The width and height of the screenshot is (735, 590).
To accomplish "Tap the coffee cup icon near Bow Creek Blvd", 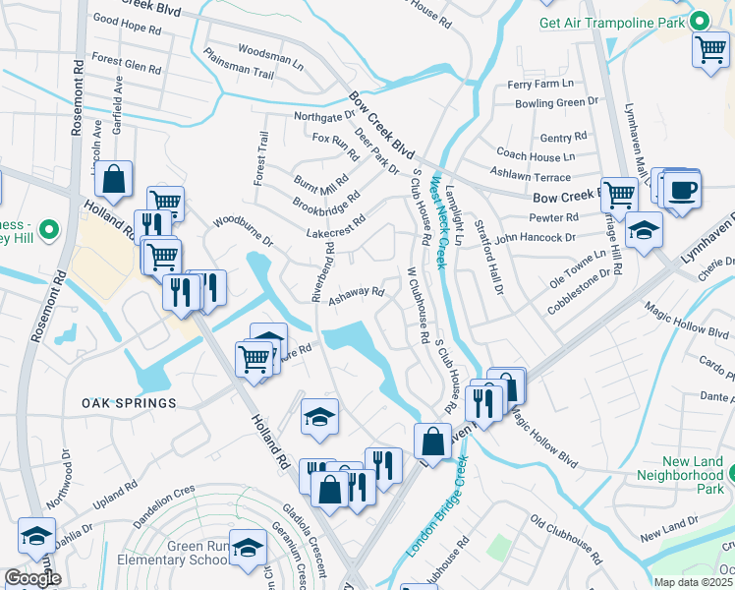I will coord(682,190).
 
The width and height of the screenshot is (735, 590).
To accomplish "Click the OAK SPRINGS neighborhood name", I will coord(129,403).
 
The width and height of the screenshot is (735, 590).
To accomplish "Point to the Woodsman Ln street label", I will coord(270,55).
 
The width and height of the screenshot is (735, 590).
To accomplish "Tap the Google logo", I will coord(32,578).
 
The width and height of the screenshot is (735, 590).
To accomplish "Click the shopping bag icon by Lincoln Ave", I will coord(114,180).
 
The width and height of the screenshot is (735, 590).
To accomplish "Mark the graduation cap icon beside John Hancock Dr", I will coord(644,231).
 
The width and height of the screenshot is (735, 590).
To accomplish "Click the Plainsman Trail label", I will coord(239,63).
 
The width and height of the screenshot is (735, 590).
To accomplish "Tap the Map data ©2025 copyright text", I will coord(693,582).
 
